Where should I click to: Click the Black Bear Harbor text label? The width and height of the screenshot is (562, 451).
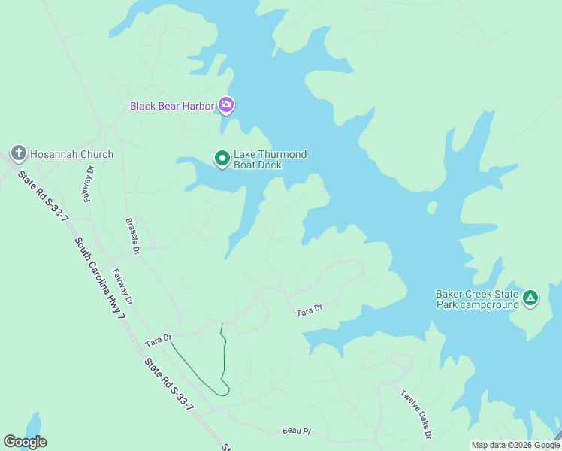tap(172, 106)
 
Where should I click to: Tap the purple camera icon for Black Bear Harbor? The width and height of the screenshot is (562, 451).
tap(226, 106)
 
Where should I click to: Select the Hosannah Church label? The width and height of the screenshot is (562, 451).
tap(71, 155)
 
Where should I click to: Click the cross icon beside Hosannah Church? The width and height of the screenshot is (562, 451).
tap(19, 154)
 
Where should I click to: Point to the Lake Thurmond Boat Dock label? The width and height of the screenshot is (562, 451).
tap(270, 159)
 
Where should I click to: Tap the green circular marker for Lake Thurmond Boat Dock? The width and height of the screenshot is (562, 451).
tap(222, 159)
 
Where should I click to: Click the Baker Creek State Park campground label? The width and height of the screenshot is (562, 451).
tap(477, 299)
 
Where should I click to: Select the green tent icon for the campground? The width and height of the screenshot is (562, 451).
tap(530, 298)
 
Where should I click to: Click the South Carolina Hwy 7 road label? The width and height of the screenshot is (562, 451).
tap(99, 278)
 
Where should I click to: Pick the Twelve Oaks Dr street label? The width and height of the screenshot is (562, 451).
tap(415, 413)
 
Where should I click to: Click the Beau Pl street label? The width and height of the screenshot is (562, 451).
tap(296, 431)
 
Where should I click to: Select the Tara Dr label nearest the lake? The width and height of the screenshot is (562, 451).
tap(309, 310)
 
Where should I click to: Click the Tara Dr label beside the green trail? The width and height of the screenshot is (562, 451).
tap(159, 340)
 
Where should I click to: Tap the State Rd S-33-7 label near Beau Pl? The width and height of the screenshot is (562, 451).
tap(169, 384)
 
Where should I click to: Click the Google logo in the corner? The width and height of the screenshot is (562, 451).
tap(25, 442)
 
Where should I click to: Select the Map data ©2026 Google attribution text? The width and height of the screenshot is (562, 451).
tap(515, 445)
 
